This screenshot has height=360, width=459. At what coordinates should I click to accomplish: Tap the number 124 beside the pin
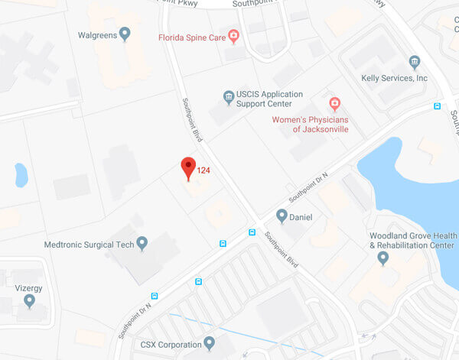(203, 170)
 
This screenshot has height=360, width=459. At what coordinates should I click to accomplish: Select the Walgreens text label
(96, 34)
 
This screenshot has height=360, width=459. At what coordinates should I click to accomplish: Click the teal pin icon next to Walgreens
(125, 34)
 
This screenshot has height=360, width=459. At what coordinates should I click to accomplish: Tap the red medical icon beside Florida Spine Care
(234, 35)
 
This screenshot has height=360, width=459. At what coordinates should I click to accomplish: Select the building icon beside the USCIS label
(228, 97)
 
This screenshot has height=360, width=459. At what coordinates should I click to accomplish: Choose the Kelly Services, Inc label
(395, 78)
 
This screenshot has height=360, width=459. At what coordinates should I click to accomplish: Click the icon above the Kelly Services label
(415, 62)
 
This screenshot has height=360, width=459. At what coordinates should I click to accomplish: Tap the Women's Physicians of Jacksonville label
(310, 124)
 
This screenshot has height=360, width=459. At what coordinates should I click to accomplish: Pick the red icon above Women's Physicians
(334, 103)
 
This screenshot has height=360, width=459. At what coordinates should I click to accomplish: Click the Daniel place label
(301, 217)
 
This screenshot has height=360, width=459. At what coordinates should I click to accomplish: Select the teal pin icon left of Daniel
(282, 216)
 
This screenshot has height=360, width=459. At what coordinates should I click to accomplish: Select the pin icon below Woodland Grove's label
(383, 258)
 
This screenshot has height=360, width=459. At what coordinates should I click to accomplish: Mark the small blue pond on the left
(21, 174)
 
